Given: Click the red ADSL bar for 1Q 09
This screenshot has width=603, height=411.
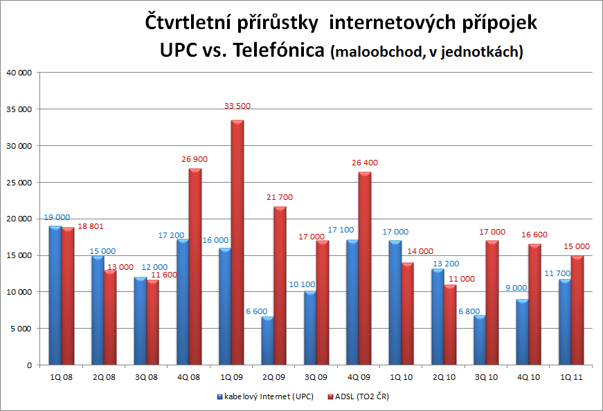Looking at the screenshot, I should coord(237,242).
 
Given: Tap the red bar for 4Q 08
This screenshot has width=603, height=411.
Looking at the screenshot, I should coord(195,266).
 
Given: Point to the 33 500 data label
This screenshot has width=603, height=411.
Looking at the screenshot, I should coord(237,106).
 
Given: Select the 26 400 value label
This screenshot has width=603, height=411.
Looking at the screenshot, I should coord(364,163).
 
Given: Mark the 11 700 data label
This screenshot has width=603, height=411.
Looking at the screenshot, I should coord(557,273).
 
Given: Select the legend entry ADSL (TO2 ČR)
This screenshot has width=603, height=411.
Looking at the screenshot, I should coord(366,396).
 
